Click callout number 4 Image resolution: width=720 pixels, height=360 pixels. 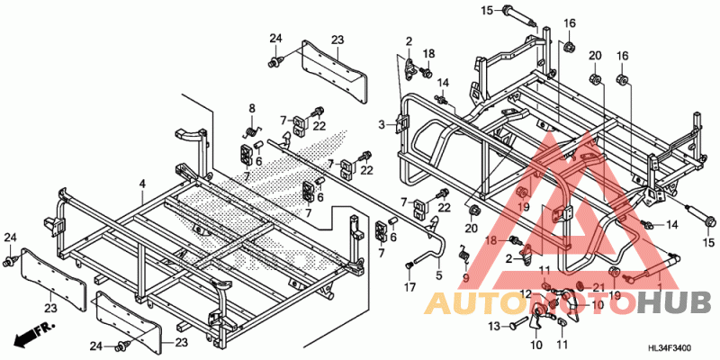141,184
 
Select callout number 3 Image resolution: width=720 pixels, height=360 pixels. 382,123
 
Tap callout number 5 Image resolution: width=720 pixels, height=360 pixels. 439,274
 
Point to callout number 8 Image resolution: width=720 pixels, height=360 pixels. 252,109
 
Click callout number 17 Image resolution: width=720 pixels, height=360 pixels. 409,287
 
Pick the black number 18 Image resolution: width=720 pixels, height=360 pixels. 429,53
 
